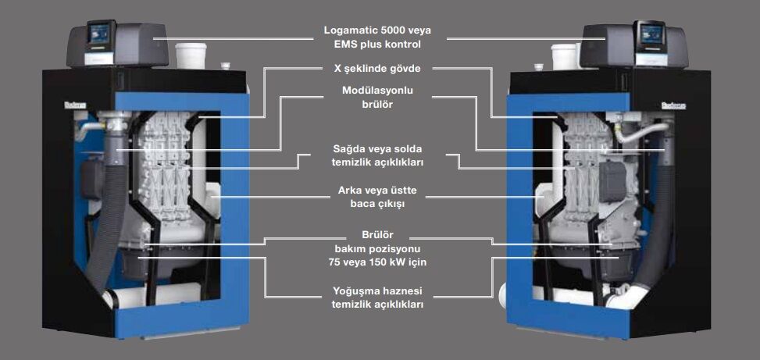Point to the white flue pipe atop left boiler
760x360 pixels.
(x=191, y=56)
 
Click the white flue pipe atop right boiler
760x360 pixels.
(x=564, y=56)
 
